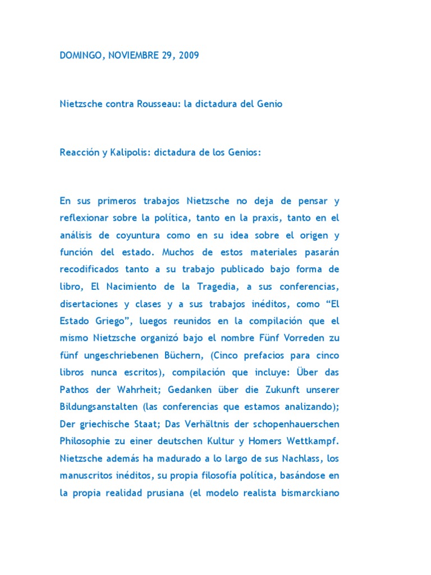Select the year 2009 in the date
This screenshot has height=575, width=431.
[187, 56]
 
